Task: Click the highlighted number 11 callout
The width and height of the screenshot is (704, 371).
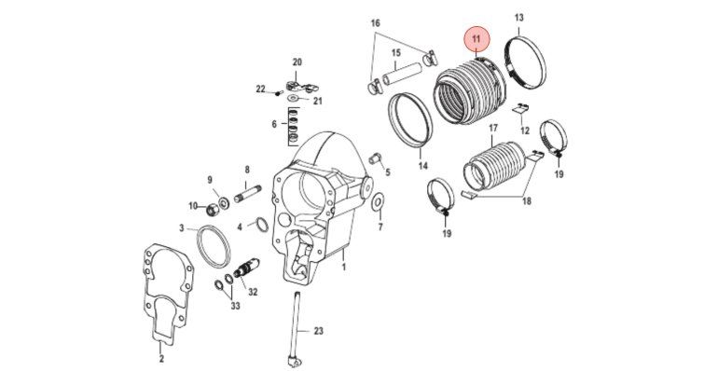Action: [x=476, y=39]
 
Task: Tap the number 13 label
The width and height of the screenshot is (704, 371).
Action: [x=518, y=18]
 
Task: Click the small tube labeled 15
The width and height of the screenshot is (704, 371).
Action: [x=404, y=74]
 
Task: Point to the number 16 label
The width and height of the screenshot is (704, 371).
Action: [x=376, y=23]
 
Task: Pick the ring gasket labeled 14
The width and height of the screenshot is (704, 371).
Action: [x=408, y=119]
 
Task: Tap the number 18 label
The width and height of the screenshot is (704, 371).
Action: [x=527, y=201]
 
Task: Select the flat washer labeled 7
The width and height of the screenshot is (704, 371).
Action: [x=379, y=202]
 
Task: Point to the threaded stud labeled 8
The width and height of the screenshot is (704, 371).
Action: [x=247, y=195]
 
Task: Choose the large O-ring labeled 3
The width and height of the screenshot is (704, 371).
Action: [x=214, y=246]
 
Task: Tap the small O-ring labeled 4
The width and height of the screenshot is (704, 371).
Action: [x=262, y=225]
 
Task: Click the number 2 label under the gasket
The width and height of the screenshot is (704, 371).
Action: [x=161, y=359]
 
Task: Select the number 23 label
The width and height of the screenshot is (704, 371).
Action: [x=318, y=332]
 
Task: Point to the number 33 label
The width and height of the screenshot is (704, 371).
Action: [x=235, y=306]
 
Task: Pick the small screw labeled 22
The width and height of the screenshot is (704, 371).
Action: [x=277, y=93]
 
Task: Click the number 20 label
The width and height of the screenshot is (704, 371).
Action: [x=297, y=62]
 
